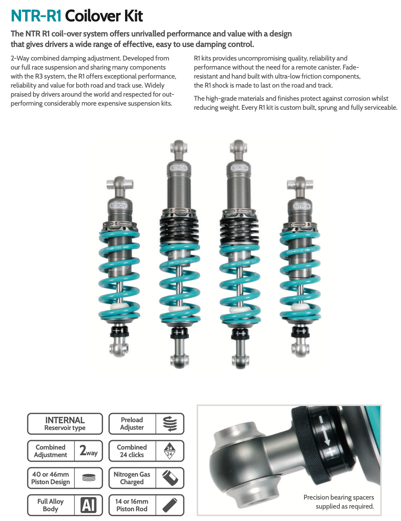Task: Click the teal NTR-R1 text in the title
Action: (x=36, y=16)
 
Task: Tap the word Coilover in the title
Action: (x=93, y=16)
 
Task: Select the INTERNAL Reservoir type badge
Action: (x=65, y=424)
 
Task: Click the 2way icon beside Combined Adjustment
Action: (x=89, y=451)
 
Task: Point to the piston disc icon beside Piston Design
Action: (x=89, y=478)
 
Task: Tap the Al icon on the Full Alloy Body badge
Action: (x=89, y=505)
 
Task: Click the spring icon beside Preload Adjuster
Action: (x=170, y=424)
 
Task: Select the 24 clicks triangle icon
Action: (x=170, y=451)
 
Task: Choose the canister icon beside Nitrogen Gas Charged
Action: (x=170, y=478)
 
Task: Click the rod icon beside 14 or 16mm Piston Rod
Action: (x=170, y=505)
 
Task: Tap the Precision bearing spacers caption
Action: (x=339, y=501)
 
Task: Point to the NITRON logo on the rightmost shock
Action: (x=302, y=206)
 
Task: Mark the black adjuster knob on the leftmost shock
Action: (x=119, y=331)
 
